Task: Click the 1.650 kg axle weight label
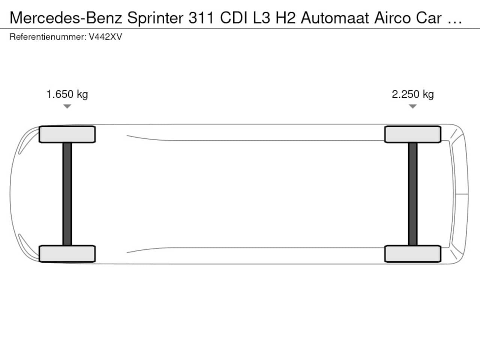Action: click(x=67, y=94)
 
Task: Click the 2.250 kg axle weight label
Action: click(x=412, y=94)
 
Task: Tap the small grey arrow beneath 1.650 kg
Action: click(x=67, y=106)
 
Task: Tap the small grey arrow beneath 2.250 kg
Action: click(x=412, y=106)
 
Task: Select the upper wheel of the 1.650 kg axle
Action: click(x=67, y=134)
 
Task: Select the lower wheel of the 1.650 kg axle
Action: click(x=67, y=254)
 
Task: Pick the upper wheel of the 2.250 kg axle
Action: click(x=412, y=134)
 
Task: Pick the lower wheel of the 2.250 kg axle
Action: click(x=412, y=254)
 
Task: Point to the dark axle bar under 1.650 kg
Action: click(x=67, y=194)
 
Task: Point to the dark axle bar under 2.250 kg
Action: click(x=412, y=194)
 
